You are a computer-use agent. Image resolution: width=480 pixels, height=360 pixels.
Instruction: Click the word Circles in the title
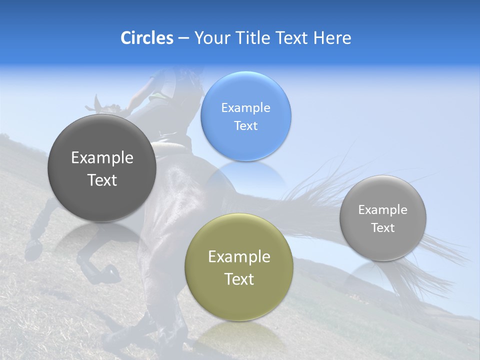point(146,38)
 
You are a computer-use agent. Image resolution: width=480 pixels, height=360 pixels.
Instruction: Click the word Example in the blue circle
point(245,108)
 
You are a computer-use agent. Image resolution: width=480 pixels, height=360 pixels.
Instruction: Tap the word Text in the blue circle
point(245,126)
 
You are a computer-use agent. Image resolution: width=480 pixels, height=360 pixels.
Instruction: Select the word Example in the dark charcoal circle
point(102,158)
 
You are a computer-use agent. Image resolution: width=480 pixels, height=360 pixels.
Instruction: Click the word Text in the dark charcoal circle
point(102,180)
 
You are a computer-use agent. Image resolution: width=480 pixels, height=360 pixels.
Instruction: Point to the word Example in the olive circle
point(239,257)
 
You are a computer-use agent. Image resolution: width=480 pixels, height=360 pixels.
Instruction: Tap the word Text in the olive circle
point(239,279)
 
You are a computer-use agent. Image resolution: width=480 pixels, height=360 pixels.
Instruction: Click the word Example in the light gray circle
point(383,210)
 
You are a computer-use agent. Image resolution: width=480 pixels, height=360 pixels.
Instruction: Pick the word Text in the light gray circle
point(383,228)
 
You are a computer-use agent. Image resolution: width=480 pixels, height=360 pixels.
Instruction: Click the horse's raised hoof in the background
point(34,246)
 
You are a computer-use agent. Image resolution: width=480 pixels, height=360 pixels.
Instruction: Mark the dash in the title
point(183,38)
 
